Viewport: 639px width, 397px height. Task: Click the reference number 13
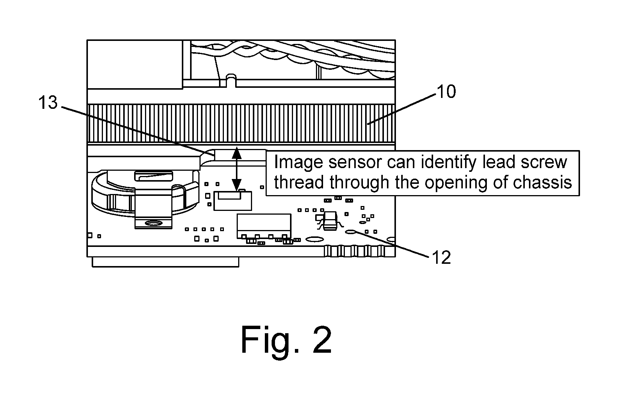click(x=48, y=102)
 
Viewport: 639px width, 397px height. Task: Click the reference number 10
click(x=446, y=92)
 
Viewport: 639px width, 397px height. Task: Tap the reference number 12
click(x=441, y=257)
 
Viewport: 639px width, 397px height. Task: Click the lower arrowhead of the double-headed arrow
click(x=237, y=185)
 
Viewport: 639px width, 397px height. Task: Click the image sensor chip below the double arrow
click(x=233, y=201)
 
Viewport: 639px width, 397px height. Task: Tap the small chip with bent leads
click(x=329, y=221)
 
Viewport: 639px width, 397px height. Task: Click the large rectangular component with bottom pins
click(x=264, y=226)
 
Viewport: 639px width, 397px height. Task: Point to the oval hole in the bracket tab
click(x=154, y=223)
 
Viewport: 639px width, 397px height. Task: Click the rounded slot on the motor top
click(x=154, y=176)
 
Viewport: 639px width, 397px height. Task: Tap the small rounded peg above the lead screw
click(x=231, y=80)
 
